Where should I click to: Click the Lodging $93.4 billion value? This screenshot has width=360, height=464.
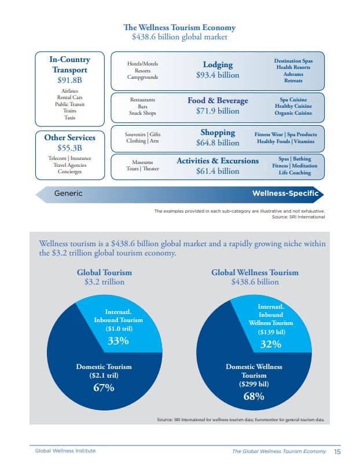pos(218,75)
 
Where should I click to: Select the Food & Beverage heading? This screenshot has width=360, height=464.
pos(218,100)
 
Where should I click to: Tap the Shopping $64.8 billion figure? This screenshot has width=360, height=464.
pos(218,143)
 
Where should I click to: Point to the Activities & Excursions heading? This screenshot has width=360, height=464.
pos(218,160)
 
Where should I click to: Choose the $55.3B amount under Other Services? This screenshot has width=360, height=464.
pos(69,148)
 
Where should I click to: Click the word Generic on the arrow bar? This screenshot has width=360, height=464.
pos(68,193)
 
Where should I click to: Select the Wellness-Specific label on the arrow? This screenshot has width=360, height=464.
pos(285,193)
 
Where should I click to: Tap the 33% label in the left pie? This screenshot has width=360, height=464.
pos(118,341)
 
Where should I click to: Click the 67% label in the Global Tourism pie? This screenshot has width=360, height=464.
pos(104,388)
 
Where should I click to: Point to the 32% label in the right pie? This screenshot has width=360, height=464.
pos(270,344)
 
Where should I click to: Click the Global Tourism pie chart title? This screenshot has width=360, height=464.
pos(104,272)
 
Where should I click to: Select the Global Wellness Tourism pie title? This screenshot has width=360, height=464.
pos(255,272)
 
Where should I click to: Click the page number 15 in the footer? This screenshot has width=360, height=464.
pos(337,451)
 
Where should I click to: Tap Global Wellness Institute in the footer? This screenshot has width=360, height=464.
pos(65,451)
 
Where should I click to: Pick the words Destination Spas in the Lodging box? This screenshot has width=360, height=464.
pos(293,60)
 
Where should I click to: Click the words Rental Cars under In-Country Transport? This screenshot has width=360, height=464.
pos(69,97)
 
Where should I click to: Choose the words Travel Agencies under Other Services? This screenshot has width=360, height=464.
pos(69,165)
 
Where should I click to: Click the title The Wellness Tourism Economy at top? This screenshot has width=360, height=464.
pos(180,27)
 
